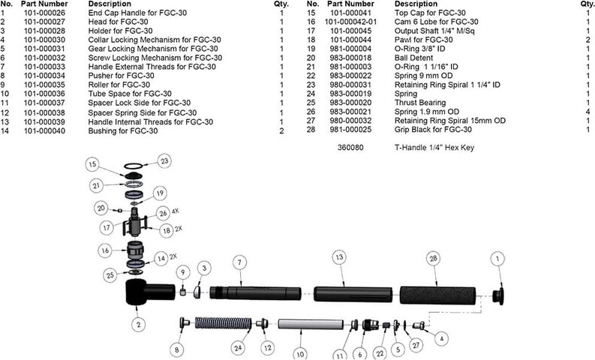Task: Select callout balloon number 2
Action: coord(139,325)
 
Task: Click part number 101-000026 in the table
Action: coord(45,13)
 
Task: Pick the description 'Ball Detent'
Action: coord(414,58)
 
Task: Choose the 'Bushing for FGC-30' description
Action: coord(123,131)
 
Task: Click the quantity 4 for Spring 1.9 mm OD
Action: coord(587,111)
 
